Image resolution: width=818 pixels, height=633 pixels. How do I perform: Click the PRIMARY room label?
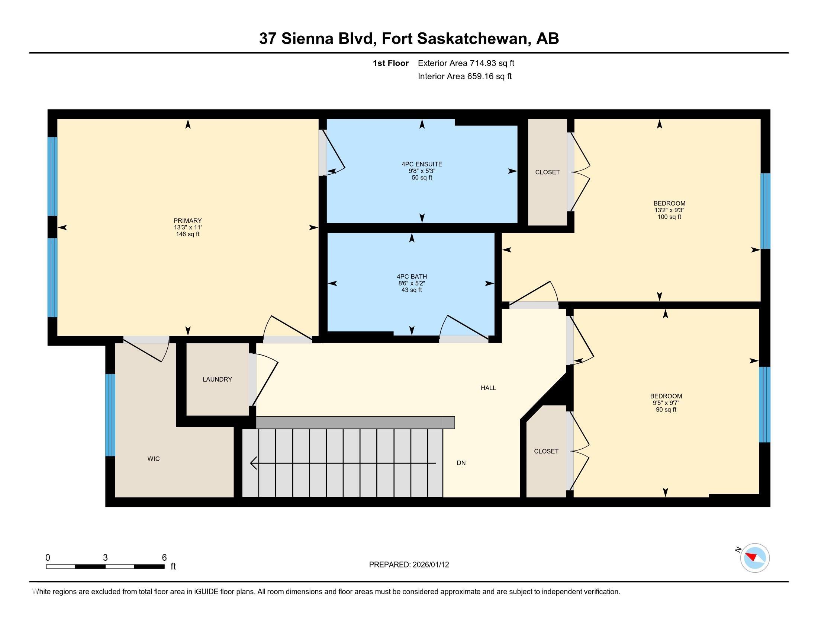[x=187, y=220]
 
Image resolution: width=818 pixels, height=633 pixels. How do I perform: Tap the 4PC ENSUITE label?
[x=422, y=164]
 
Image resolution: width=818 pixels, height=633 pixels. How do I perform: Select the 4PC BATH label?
[x=412, y=276]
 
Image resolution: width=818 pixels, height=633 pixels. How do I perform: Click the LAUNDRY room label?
[x=217, y=379]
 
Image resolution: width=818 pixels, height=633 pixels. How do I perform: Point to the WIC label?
[x=154, y=459]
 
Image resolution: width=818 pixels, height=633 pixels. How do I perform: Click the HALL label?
[x=488, y=388]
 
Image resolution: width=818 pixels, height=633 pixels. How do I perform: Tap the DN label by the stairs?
[x=461, y=463]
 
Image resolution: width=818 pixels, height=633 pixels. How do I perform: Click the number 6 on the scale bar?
[x=164, y=558]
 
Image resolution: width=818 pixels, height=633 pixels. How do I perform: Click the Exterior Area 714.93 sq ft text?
[x=466, y=63]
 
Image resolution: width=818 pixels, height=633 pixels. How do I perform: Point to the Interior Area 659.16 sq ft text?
[x=464, y=76]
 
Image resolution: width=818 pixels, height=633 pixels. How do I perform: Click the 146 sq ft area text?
[x=187, y=234]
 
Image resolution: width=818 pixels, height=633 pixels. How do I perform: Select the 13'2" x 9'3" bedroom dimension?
[x=669, y=210]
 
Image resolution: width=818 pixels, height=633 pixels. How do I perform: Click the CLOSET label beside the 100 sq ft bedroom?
[x=547, y=172]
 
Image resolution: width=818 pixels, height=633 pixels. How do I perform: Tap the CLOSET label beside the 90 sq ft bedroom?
[x=546, y=452]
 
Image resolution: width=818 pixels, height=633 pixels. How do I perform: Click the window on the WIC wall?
[x=110, y=415]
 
